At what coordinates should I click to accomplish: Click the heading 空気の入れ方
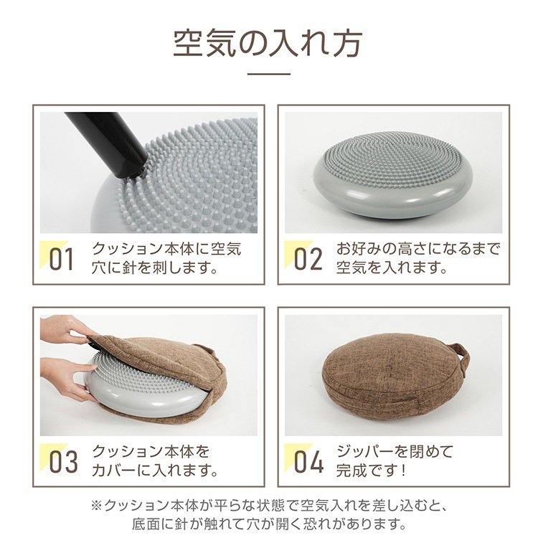[x=268, y=44]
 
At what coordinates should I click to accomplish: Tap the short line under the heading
[x=269, y=73]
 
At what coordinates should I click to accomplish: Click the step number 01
[x=62, y=259]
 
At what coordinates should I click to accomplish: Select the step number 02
[x=308, y=259]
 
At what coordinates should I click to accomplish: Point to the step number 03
[x=63, y=461]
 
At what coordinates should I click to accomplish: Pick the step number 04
[x=308, y=461]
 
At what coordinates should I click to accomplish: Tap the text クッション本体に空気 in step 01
[x=166, y=249]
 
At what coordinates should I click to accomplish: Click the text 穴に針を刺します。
[x=155, y=268]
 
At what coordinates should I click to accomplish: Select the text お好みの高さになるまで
[x=418, y=249]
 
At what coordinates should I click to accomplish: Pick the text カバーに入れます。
[x=155, y=470]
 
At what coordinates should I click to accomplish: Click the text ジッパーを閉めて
[x=395, y=451]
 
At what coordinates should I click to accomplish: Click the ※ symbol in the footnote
[x=97, y=506]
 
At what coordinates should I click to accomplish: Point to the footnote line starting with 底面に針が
[x=269, y=524]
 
